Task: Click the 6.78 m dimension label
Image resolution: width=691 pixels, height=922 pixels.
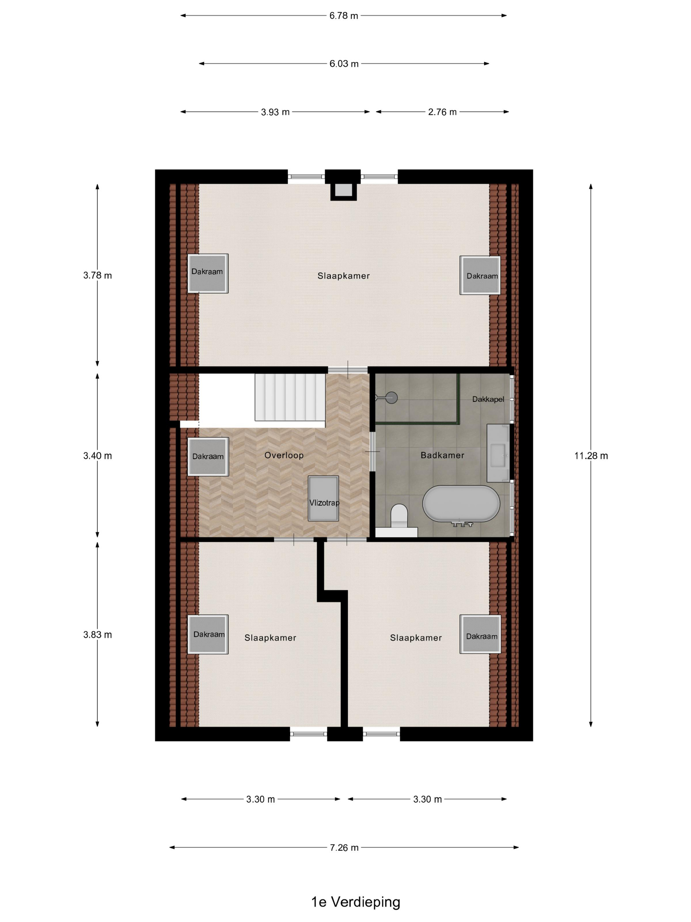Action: tap(344, 16)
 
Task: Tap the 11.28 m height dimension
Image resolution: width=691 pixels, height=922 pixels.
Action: tap(591, 456)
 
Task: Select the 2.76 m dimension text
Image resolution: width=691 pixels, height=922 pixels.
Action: tap(442, 112)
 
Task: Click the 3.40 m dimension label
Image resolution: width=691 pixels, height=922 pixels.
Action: tap(97, 456)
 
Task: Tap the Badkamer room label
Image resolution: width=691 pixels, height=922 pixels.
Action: tap(442, 455)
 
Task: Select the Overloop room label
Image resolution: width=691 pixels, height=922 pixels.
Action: tap(284, 455)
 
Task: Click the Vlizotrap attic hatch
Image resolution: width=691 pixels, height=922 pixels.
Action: tap(323, 499)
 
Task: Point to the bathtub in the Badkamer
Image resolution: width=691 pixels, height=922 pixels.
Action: tap(461, 503)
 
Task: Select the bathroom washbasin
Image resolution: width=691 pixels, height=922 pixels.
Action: tap(498, 453)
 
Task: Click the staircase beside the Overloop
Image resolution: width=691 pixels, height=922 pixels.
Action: tap(290, 397)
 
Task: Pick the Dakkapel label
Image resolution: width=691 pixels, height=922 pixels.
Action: tap(488, 399)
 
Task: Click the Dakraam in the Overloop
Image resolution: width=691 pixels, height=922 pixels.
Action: tap(208, 456)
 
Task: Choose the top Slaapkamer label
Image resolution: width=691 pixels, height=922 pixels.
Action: tap(343, 276)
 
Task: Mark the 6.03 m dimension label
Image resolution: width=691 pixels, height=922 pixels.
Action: tap(344, 64)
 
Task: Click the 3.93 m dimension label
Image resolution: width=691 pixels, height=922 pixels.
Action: tap(275, 112)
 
